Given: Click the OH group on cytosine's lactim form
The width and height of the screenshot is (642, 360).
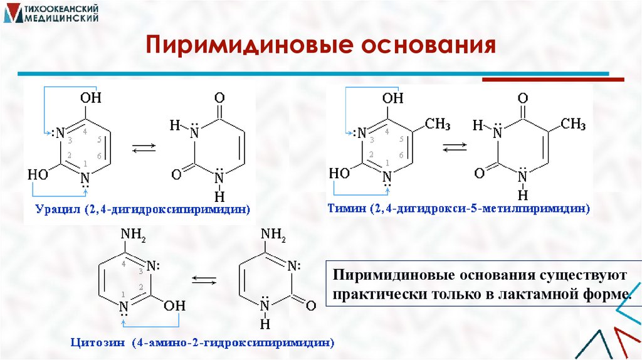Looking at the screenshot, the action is coord(176,305).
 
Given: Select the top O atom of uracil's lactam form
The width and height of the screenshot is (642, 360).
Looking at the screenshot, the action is coord(219,98).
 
